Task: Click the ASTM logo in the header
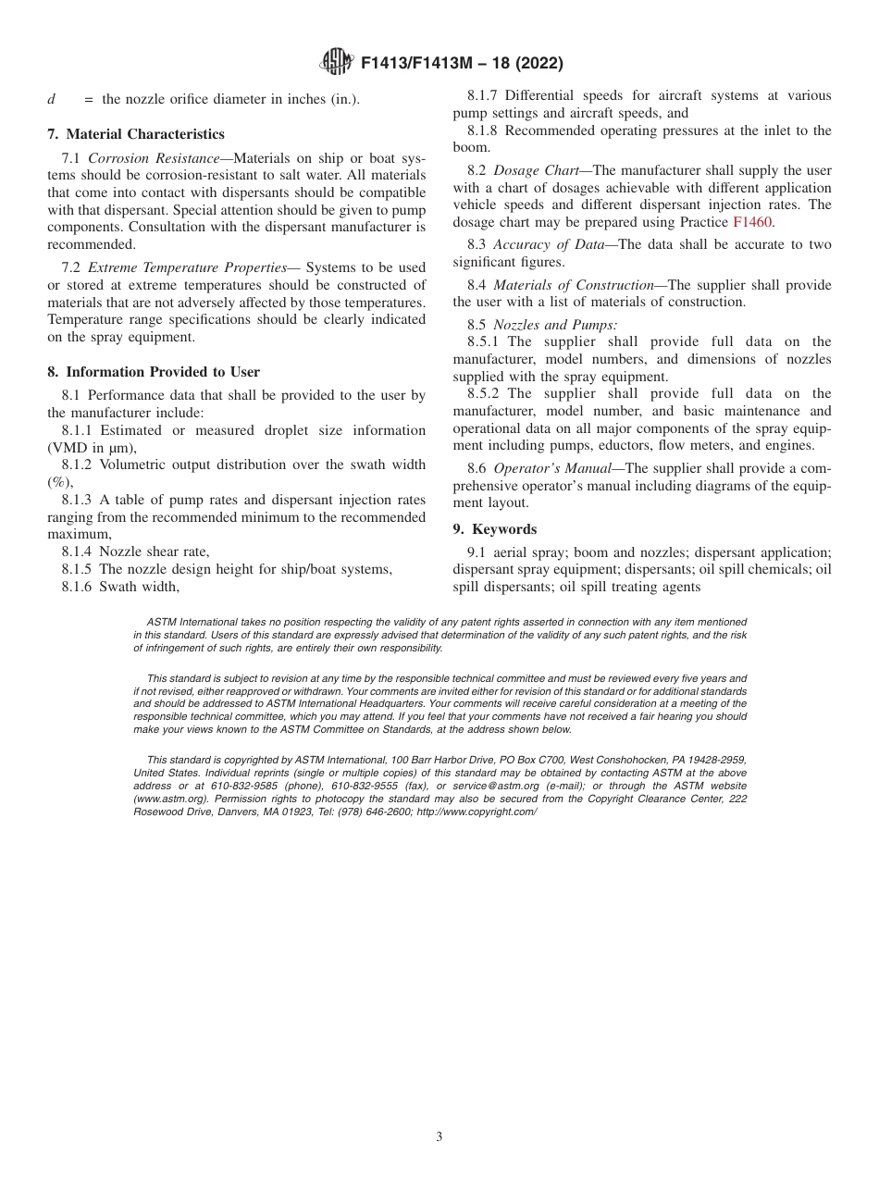point(337,63)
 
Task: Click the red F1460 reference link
point(752,222)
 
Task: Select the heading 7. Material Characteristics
point(136,134)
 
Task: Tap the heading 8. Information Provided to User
point(154,372)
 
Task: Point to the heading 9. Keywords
point(494,529)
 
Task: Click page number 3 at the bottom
point(439,1137)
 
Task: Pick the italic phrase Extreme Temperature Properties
point(186,267)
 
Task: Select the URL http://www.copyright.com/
point(477,811)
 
